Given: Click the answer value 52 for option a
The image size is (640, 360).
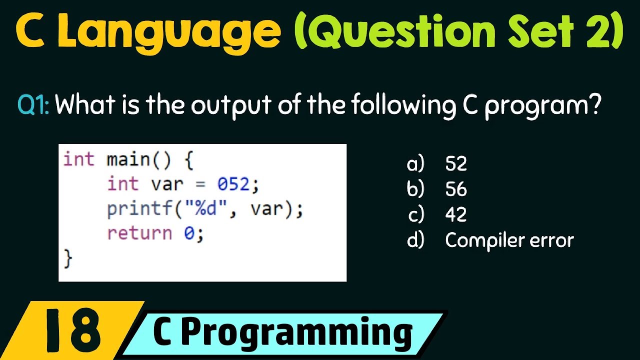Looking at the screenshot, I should tap(456, 164).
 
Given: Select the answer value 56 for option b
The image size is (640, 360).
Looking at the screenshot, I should tap(456, 189).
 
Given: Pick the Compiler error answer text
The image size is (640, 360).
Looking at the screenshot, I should tap(509, 240).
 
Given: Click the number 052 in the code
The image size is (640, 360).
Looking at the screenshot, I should tap(233, 184).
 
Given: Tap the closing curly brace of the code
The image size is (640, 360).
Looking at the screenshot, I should tap(68, 258).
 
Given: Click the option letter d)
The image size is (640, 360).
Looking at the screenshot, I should tap(415, 240).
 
